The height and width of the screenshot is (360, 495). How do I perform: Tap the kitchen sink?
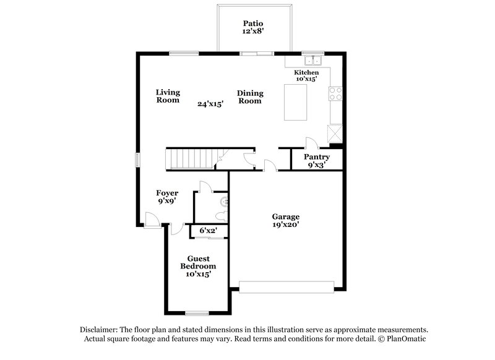[313, 61]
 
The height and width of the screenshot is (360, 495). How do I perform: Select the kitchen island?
[297, 103]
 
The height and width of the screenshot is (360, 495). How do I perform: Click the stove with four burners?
[336, 93]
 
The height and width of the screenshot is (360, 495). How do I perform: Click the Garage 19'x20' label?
[286, 221]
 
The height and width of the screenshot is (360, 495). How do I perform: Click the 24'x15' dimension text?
[210, 104]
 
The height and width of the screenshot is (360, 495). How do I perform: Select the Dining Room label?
[250, 96]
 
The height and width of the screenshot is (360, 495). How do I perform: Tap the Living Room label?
[168, 96]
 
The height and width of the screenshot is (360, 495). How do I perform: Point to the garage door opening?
[287, 287]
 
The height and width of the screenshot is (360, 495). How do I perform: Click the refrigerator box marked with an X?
[335, 133]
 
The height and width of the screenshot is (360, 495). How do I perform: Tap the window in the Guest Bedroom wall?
[197, 313]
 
